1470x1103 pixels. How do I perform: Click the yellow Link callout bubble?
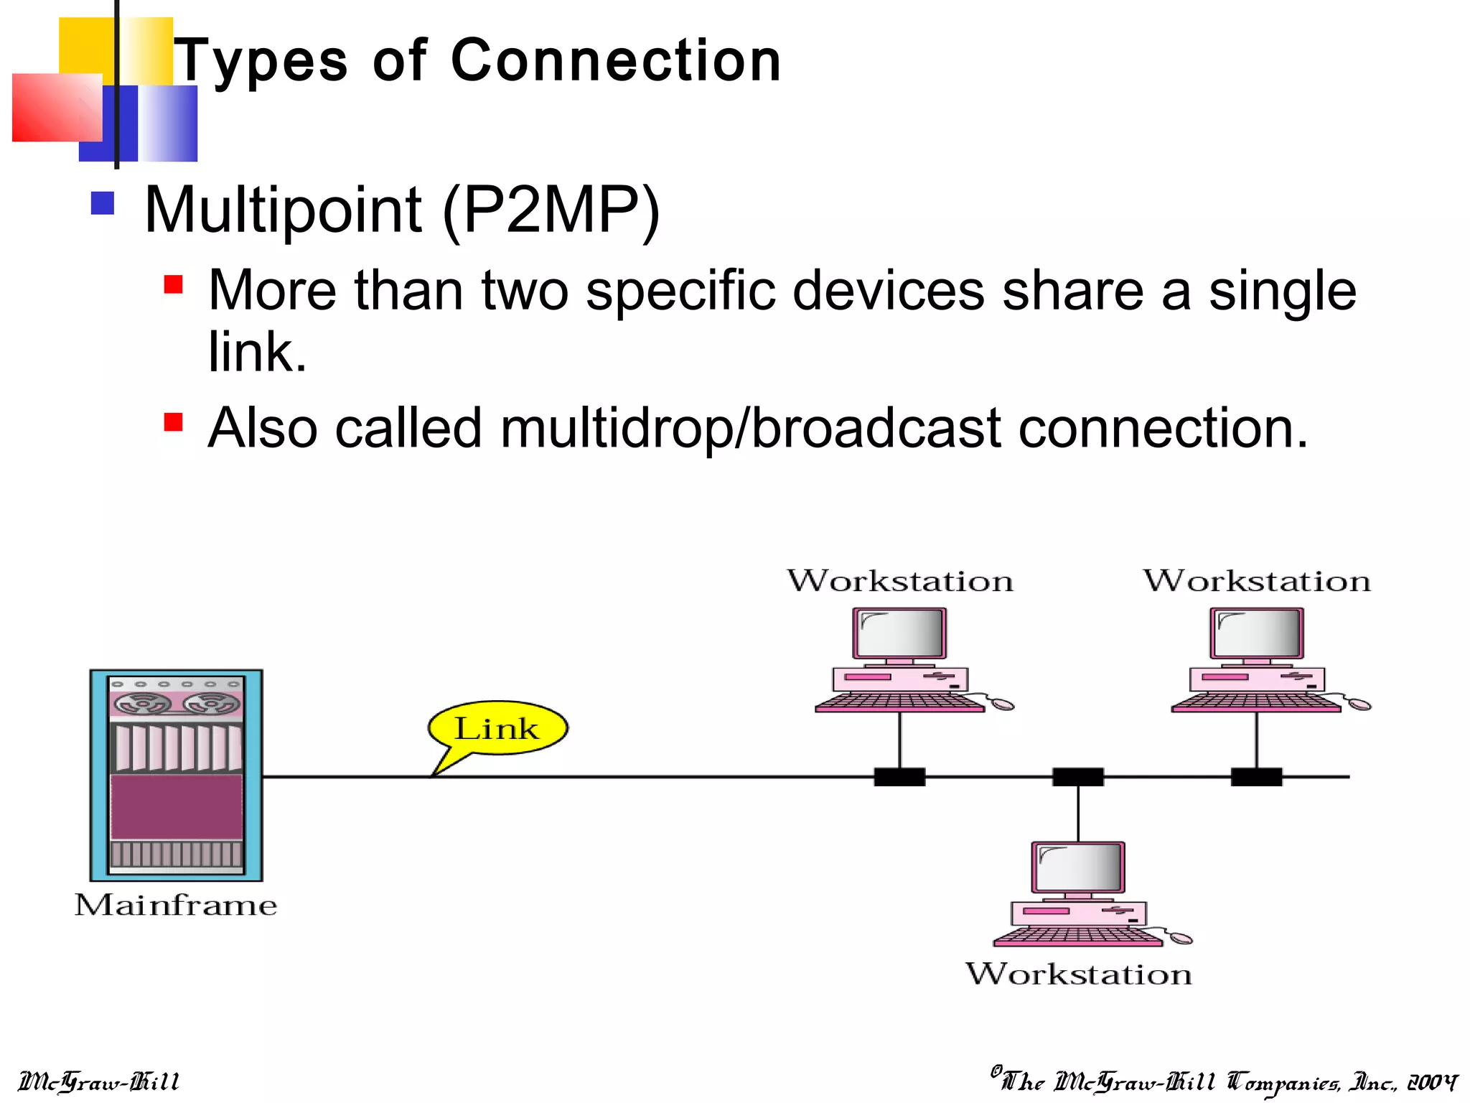pyautogui.click(x=497, y=728)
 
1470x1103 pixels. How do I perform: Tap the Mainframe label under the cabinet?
pyautogui.click(x=176, y=905)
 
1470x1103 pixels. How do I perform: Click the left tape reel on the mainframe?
pyautogui.click(x=144, y=704)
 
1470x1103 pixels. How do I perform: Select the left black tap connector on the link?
pyautogui.click(x=899, y=777)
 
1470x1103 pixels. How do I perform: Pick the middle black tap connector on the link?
pyautogui.click(x=1078, y=777)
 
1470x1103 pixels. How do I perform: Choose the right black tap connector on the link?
pyautogui.click(x=1256, y=777)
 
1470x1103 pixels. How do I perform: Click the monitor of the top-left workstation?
pyautogui.click(x=899, y=633)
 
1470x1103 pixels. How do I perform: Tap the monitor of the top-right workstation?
pyautogui.click(x=1256, y=633)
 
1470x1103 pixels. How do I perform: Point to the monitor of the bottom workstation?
pyautogui.click(x=1078, y=867)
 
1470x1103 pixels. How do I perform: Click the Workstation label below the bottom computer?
pyautogui.click(x=1078, y=974)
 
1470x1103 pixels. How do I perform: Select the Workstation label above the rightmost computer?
pyautogui.click(x=1256, y=581)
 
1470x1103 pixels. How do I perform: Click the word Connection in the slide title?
pyautogui.click(x=616, y=60)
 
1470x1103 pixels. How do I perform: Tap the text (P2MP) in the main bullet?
pyautogui.click(x=551, y=210)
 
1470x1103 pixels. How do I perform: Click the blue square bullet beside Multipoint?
pyautogui.click(x=103, y=203)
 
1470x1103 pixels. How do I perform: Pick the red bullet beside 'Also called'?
pyautogui.click(x=173, y=421)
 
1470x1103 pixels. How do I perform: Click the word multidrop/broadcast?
pyautogui.click(x=750, y=429)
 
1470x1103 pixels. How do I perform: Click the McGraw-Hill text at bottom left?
pyautogui.click(x=98, y=1081)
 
